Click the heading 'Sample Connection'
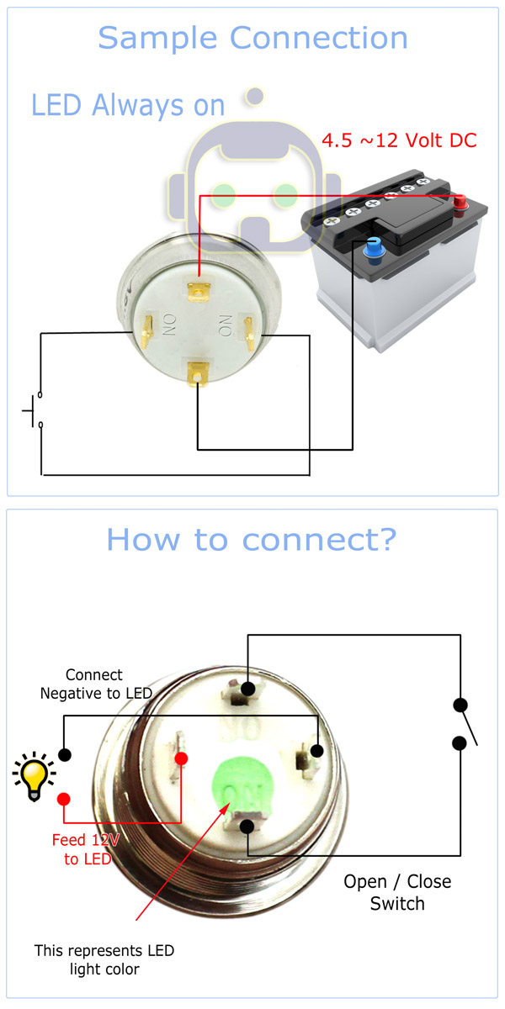tap(252, 38)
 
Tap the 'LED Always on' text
tap(128, 105)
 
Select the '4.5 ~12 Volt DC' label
tap(400, 140)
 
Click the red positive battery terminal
tap(460, 203)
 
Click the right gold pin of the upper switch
tap(249, 331)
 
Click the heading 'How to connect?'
tap(251, 540)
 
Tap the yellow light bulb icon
tap(34, 776)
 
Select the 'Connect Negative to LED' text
tap(95, 684)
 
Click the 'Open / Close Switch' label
tap(397, 892)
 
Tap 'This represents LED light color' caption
tap(104, 959)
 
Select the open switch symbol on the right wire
tap(463, 724)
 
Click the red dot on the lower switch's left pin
tap(181, 758)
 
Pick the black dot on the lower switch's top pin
tap(247, 689)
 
